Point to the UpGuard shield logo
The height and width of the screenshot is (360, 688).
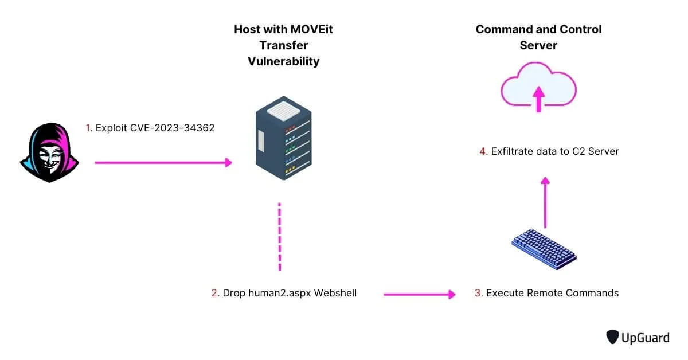point(613,337)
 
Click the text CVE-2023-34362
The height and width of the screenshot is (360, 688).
point(175,128)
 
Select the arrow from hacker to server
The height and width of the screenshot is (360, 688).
point(163,163)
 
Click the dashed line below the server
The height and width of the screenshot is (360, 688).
point(279,236)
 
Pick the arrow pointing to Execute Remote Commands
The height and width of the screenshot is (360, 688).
point(419,294)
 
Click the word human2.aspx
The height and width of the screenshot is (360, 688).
point(272,293)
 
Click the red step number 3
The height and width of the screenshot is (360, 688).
point(478,293)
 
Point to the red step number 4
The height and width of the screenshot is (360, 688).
point(483,151)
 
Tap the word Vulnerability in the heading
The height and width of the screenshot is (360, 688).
point(283,61)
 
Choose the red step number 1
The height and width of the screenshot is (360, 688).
point(88,128)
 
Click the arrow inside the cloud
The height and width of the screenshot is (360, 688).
point(538,99)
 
